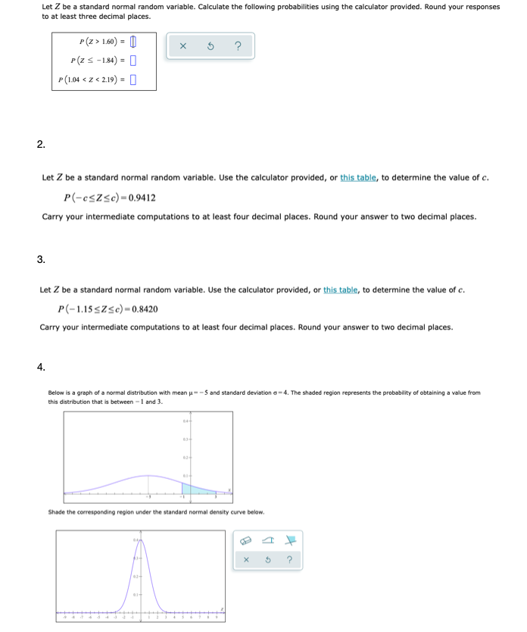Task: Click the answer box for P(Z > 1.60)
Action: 133,42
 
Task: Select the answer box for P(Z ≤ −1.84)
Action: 133,60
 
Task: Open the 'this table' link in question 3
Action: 341,289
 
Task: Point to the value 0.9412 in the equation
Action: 142,198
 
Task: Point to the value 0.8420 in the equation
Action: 142,308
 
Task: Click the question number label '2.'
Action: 41,144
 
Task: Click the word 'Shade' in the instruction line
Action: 57,512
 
